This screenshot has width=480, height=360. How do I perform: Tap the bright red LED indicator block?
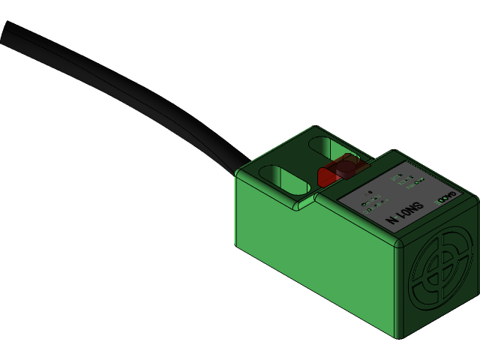point(327,177)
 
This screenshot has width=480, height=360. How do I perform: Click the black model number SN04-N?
point(405,214)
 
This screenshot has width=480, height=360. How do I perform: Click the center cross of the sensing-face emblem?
point(442,274)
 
